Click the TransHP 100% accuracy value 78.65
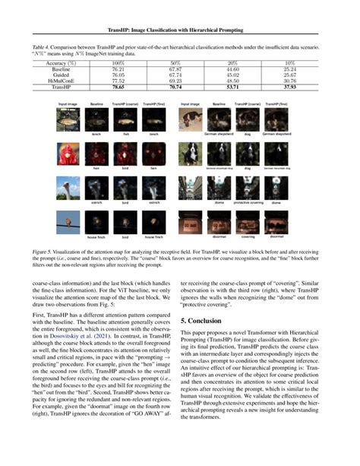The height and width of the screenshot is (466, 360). (117, 87)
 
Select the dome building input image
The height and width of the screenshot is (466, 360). (190, 188)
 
